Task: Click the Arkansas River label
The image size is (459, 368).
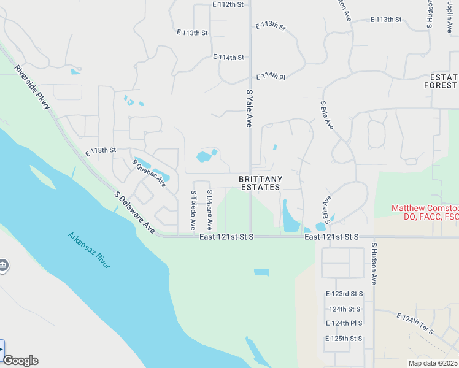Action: tap(90, 250)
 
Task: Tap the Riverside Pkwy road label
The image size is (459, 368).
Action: tap(34, 89)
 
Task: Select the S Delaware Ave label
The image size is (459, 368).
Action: tap(134, 212)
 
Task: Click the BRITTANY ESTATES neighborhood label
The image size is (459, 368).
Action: tap(261, 183)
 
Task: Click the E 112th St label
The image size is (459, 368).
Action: tap(228, 4)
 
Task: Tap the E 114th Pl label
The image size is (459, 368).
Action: tap(271, 76)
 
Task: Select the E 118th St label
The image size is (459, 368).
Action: tap(101, 151)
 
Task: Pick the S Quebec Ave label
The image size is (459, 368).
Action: tap(149, 174)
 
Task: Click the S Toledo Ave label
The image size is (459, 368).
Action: tap(193, 210)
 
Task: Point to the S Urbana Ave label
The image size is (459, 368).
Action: tap(209, 210)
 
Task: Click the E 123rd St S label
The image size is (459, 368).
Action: tap(344, 294)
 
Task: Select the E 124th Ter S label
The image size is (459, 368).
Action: tap(415, 323)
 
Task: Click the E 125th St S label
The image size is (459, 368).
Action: tap(344, 338)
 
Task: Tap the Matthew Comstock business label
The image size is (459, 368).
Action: tap(425, 212)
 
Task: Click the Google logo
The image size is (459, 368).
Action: tap(20, 361)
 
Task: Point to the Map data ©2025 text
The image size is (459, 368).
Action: tap(433, 363)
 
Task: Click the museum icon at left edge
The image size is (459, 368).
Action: tap(4, 266)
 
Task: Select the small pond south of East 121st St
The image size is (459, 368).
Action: tap(261, 272)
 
